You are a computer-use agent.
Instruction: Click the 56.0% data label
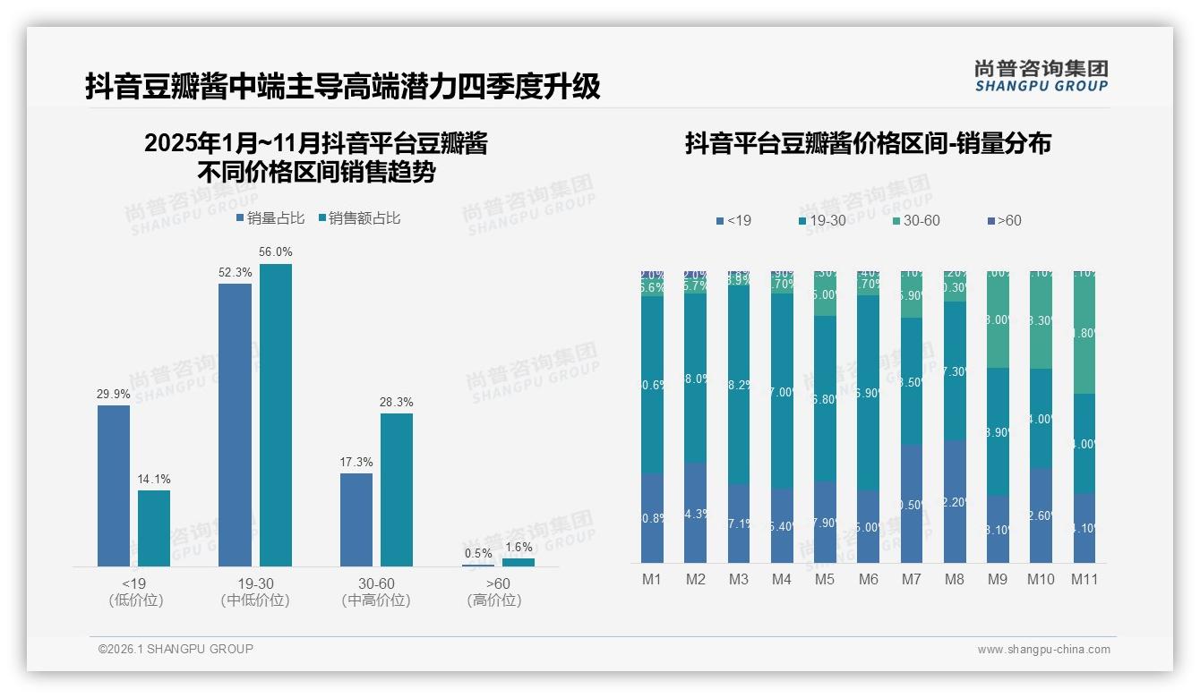pos(276,252)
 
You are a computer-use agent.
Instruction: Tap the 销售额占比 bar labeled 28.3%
pos(397,489)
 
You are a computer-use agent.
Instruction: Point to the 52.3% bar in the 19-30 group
pos(235,425)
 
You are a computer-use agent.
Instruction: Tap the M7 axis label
pos(911,580)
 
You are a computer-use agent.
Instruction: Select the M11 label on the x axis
pos(1084,580)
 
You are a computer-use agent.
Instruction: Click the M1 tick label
pos(651,580)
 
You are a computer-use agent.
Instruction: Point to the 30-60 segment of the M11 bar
pos(1084,333)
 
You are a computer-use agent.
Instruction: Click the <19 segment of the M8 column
pos(955,501)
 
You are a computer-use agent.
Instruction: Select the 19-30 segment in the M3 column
pos(739,385)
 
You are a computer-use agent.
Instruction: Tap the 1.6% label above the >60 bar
pos(518,548)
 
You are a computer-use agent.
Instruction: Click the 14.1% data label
pos(154,480)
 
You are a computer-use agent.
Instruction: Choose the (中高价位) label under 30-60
pos(376,600)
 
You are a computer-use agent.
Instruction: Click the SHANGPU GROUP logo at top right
pos(1041,76)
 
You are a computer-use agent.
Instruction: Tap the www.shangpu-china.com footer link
pos(1043,650)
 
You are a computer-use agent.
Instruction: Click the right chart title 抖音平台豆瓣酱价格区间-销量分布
pos(868,143)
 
